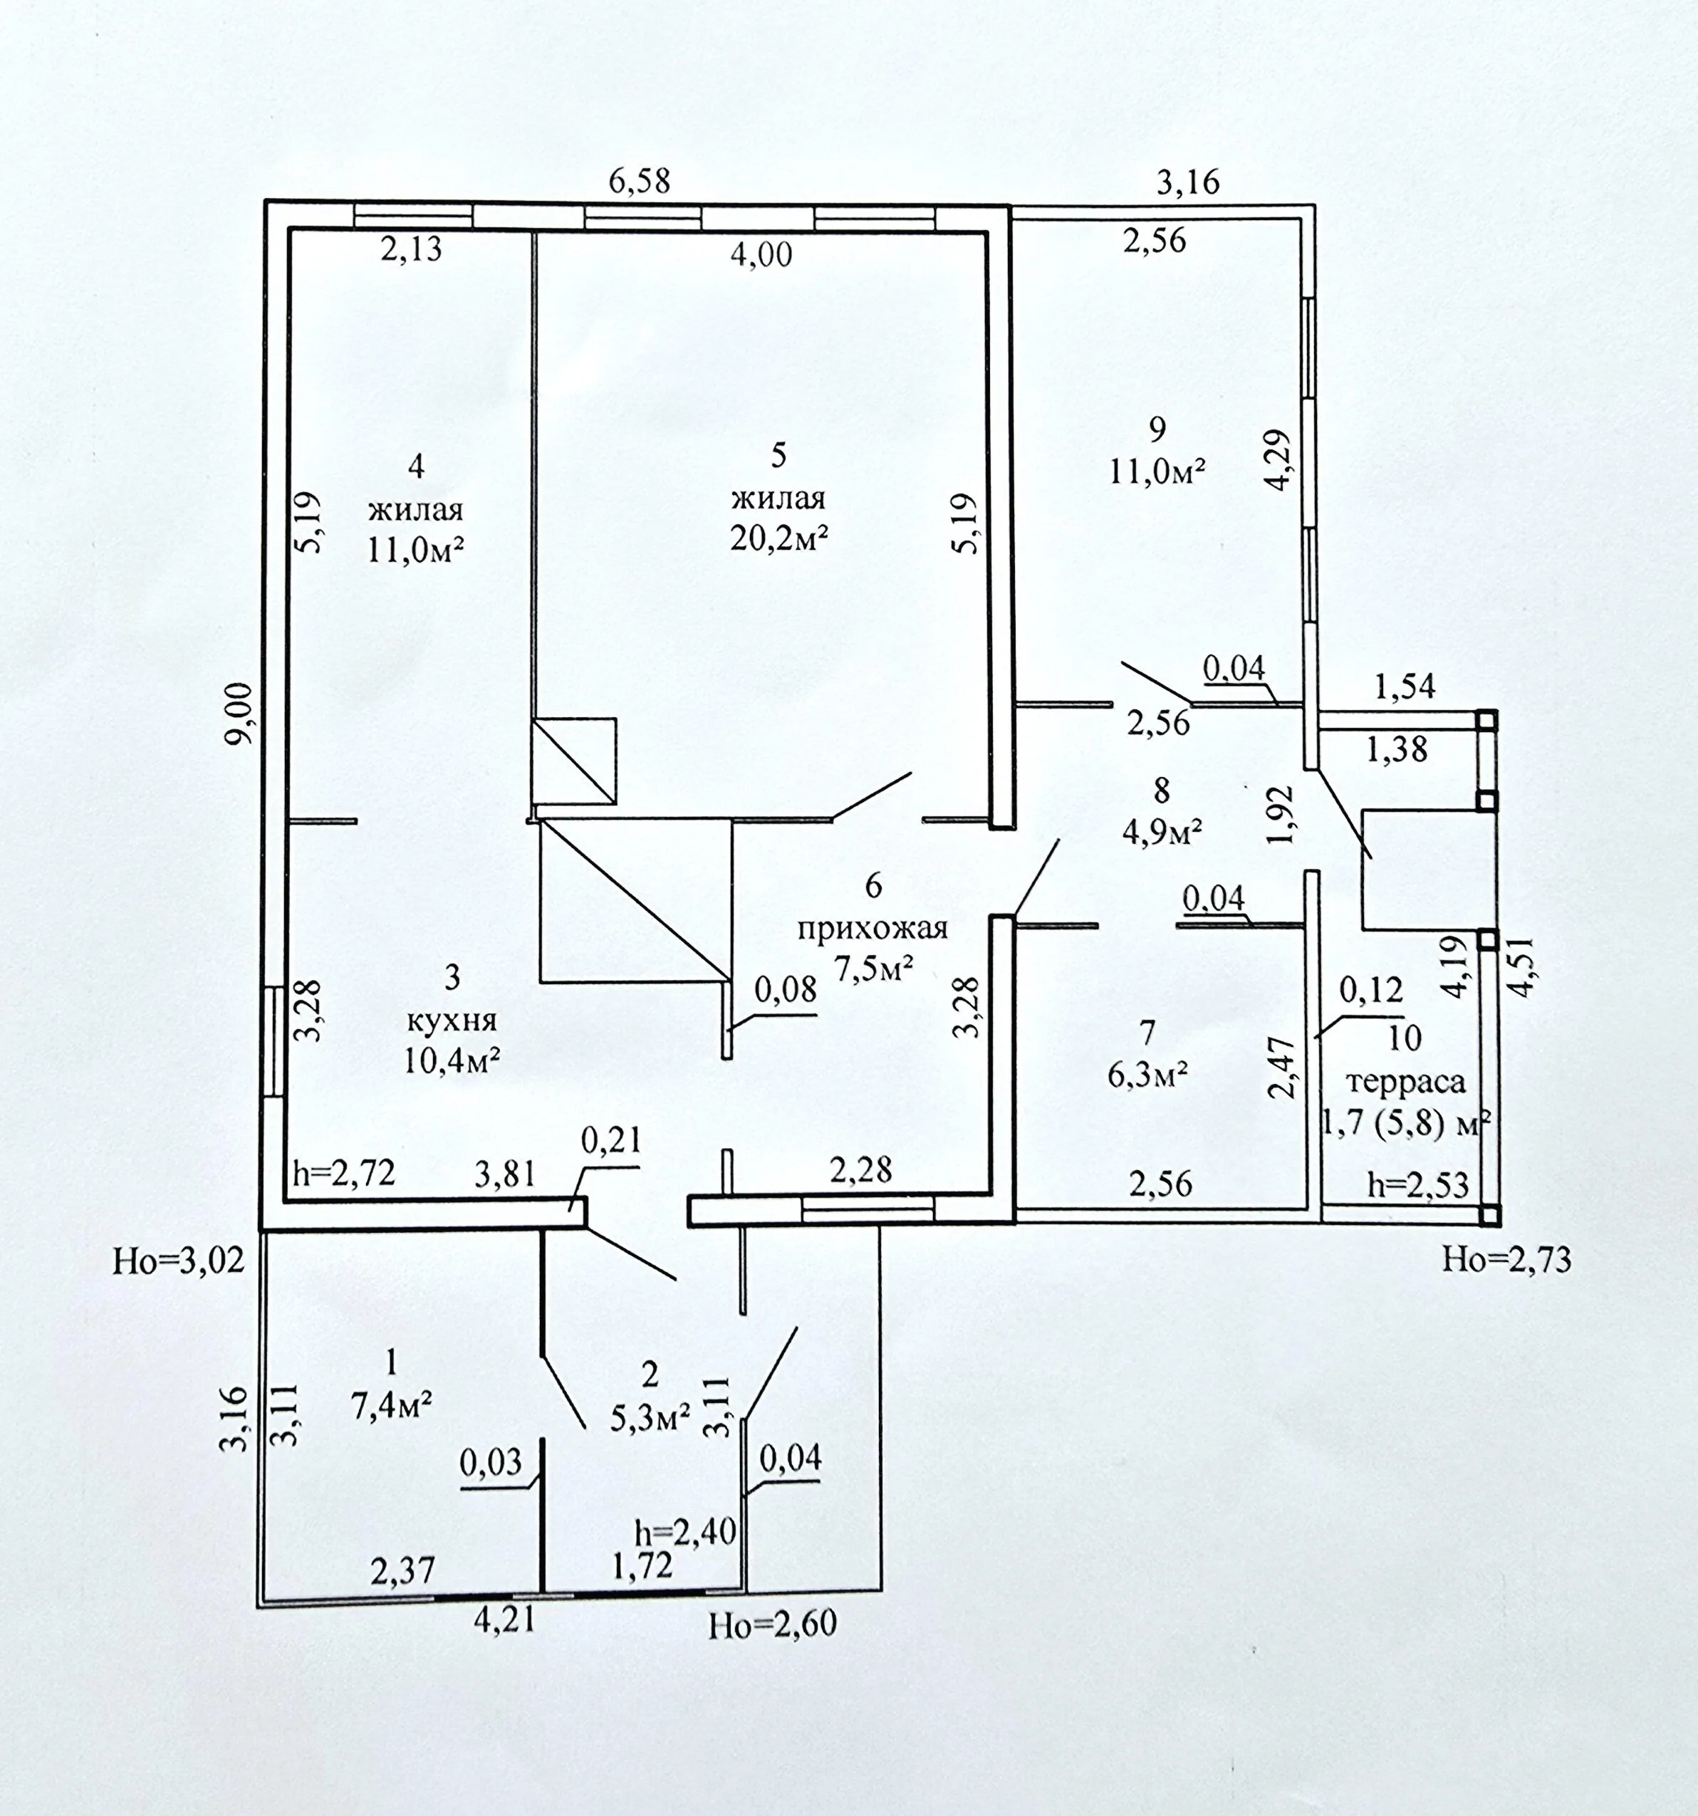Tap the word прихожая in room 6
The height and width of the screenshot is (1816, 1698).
[x=873, y=930]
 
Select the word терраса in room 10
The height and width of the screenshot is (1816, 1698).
[x=1407, y=1083]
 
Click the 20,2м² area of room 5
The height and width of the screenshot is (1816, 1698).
[x=779, y=539]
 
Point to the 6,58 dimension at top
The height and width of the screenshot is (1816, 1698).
[x=640, y=181]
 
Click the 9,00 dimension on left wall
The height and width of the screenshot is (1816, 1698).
[x=242, y=714]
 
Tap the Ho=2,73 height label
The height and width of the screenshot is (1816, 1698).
[x=1507, y=1261]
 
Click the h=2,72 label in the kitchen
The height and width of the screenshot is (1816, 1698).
[x=343, y=1173]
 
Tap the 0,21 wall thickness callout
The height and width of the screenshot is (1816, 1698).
[x=611, y=1141]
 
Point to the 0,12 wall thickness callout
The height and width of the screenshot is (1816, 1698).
[x=1371, y=989]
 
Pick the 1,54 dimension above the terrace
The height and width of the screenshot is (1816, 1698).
[x=1405, y=685]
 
